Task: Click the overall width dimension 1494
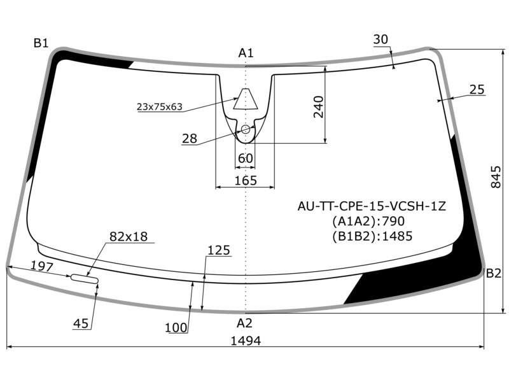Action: (x=246, y=341)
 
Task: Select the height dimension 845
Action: (x=496, y=177)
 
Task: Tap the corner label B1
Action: (x=41, y=43)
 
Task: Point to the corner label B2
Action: (x=494, y=274)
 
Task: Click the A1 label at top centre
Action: (x=246, y=53)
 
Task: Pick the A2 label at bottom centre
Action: (x=244, y=323)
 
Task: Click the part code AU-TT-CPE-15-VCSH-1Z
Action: (x=372, y=206)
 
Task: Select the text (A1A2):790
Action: (x=368, y=221)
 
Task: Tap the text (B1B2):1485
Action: (x=372, y=236)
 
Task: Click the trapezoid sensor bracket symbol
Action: (x=246, y=99)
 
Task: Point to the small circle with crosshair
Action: (x=246, y=129)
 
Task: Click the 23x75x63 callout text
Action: (x=160, y=106)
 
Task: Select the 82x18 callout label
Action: (x=129, y=236)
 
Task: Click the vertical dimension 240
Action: (x=318, y=106)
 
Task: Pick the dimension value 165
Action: (x=246, y=180)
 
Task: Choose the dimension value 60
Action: (x=245, y=159)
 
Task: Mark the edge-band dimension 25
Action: (x=477, y=89)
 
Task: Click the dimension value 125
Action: (x=218, y=250)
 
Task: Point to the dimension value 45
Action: (x=81, y=323)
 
